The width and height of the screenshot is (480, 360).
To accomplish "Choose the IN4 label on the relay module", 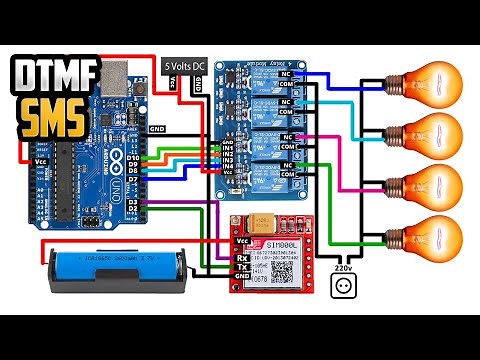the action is (227, 171).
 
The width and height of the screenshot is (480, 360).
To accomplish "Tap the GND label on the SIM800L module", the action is (242, 277).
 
